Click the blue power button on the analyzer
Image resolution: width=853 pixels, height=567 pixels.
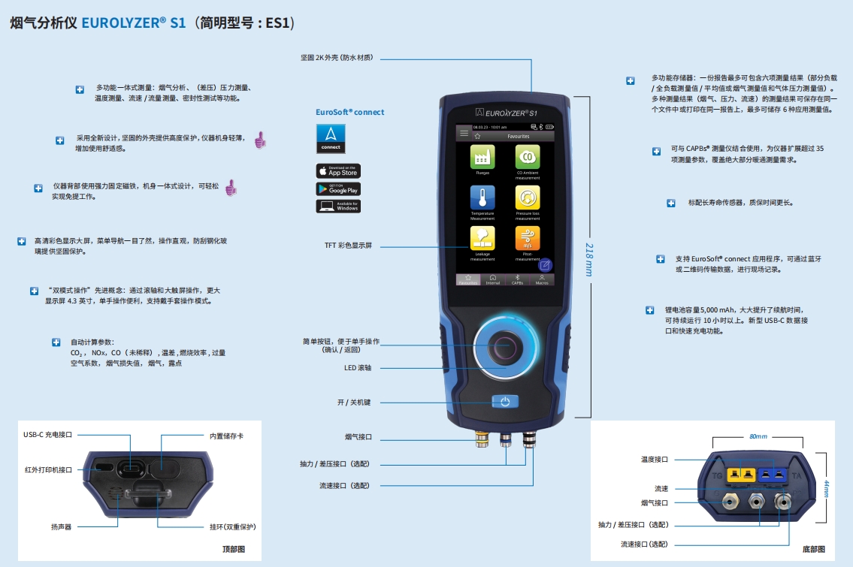coord(505,402)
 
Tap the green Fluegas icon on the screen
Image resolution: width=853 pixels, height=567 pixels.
coord(482,158)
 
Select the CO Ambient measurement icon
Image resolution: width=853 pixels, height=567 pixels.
coord(528,158)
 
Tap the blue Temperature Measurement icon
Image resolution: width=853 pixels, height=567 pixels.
coord(482,198)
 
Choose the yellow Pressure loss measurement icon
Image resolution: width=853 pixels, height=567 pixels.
coord(528,198)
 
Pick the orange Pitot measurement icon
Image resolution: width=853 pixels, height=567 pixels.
coord(528,239)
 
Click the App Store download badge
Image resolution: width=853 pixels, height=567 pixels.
coord(337,171)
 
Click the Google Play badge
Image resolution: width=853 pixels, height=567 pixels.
coord(337,188)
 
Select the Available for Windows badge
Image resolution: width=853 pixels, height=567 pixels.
coord(337,206)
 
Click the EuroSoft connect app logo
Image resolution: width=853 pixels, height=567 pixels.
coord(331,138)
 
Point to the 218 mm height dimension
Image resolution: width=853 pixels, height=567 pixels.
coord(589,258)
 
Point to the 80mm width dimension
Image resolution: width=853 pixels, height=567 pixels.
coord(758,436)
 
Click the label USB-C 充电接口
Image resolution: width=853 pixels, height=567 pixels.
coord(50,435)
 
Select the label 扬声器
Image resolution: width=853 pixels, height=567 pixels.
coord(62,527)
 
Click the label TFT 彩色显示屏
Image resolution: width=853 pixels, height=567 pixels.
coord(348,246)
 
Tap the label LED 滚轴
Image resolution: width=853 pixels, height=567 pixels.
coord(357,368)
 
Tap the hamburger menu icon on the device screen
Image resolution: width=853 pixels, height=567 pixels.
coord(463,133)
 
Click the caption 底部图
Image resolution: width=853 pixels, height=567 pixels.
coord(813,550)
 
